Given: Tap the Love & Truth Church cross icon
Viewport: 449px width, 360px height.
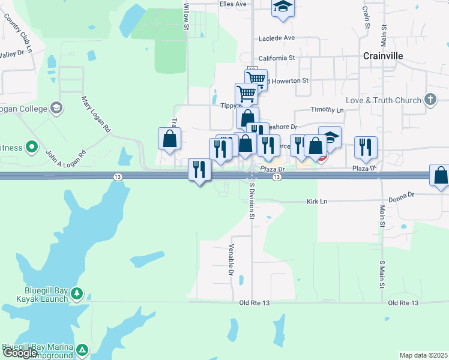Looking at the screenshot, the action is coord(430,100).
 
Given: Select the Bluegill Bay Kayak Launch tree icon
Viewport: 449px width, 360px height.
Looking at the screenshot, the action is coord(76,293).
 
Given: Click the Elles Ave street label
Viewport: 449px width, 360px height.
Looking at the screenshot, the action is coord(233,4).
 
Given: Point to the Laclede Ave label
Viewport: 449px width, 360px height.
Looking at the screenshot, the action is coord(277,38).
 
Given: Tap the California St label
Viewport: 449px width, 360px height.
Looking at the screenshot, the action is coord(277,58).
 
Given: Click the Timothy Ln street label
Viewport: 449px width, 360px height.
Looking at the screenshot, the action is coord(327,110).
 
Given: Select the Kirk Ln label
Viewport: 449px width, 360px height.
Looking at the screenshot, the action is coord(317,202).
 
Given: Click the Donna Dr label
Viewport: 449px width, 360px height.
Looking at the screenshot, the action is coord(402,196).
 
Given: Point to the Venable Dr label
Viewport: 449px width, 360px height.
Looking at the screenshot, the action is coord(231,260).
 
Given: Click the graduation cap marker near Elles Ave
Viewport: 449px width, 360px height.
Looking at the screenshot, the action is coord(282,7).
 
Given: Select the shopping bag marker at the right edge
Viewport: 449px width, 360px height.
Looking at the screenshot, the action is coord(441,175).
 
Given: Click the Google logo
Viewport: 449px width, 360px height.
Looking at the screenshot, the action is coord(19,353).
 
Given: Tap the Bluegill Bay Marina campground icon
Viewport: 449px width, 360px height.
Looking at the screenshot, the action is coord(82,349).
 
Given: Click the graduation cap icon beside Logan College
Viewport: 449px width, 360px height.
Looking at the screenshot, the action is coord(56,109).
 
